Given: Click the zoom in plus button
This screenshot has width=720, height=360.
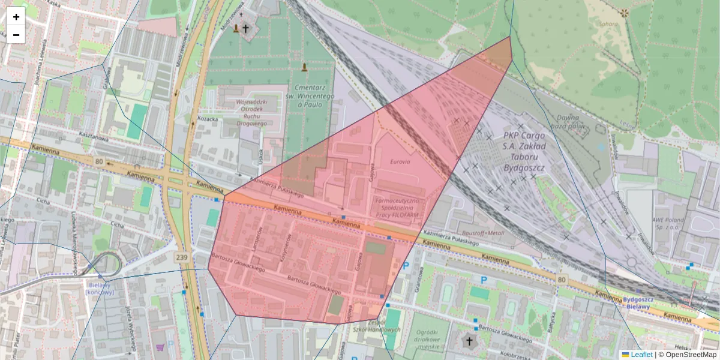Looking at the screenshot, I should pyautogui.click(x=16, y=17).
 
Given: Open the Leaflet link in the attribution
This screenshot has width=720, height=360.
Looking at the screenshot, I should pyautogui.click(x=637, y=355).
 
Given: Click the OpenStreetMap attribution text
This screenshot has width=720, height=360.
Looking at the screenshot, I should pyautogui.click(x=687, y=355).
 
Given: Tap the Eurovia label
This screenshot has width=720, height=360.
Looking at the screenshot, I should pyautogui.click(x=400, y=161).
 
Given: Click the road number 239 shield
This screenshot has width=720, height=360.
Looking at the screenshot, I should pyautogui.click(x=182, y=257).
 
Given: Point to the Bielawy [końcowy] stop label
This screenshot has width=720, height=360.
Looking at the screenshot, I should pyautogui.click(x=100, y=289).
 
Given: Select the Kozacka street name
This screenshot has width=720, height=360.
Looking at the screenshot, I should pyautogui.click(x=207, y=119).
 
